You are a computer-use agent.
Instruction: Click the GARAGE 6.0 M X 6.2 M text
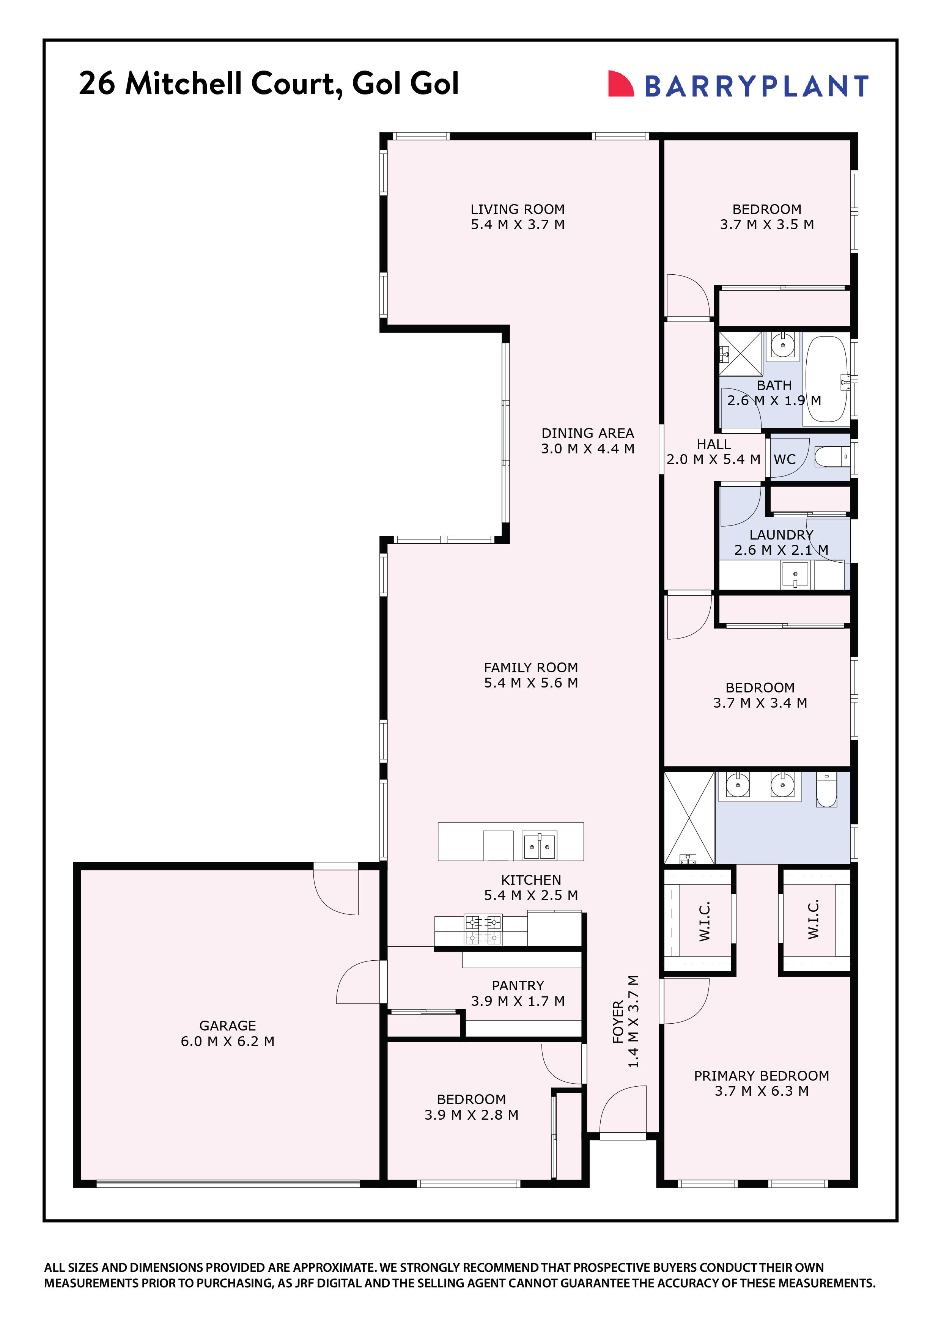pos(227,1033)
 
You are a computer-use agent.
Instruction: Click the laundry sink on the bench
pos(795,575)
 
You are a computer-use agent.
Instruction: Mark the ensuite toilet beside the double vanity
pos(826,790)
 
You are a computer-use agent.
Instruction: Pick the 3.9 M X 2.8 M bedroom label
pos(471,1107)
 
